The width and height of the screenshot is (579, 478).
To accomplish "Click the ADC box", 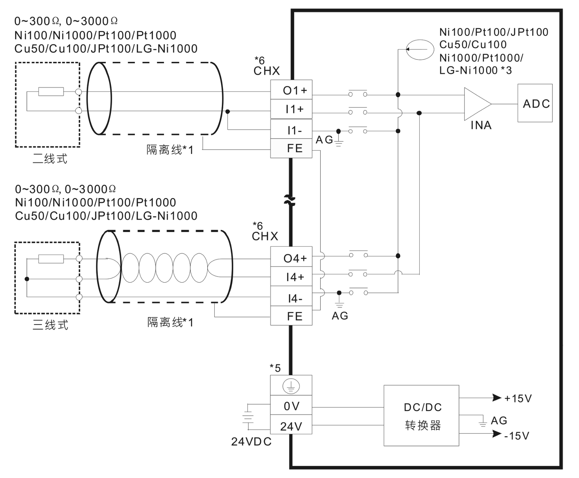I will (535, 103).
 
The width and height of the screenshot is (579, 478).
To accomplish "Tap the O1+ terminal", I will (291, 90).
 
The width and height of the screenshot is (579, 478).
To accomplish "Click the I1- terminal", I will (291, 130).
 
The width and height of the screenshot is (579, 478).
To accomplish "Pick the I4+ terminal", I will (291, 277).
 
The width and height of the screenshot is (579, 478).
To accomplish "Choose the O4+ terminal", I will (291, 258).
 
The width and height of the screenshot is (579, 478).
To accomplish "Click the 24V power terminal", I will (291, 426).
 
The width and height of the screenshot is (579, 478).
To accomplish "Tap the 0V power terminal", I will (291, 406).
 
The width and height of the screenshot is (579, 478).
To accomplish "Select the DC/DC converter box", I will (421, 415).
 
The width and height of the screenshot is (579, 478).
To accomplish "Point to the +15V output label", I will (518, 398).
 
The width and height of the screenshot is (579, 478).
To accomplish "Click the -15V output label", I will (516, 436).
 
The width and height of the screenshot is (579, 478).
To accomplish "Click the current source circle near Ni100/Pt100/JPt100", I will (420, 50).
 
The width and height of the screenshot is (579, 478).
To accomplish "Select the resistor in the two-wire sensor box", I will (51, 92).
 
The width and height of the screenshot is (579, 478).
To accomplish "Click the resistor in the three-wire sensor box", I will (51, 259).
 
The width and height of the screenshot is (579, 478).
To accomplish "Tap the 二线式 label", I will (50, 159).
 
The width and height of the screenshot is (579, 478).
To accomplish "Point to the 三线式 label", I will (50, 325).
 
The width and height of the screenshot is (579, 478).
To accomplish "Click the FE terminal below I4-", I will (291, 316).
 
